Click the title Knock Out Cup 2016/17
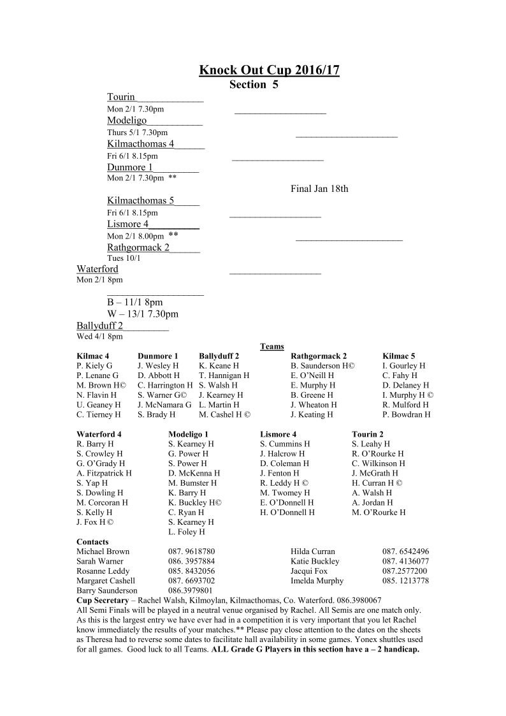pos(269,70)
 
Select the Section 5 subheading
pos(254,84)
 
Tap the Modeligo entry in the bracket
pos(127,121)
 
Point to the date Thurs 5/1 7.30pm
pos(137,133)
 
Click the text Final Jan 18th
pos(319,189)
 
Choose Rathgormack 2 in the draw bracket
pos(138,247)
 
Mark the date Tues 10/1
pos(124,258)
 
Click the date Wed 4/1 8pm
pos(99,337)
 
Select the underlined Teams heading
pos(272,346)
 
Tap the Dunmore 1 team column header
pos(158,356)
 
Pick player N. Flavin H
pos(96,395)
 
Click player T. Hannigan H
pos(224,376)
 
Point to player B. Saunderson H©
pos(322,366)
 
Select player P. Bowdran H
pos(407,414)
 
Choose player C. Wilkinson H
pos(379,464)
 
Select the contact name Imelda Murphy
pos(317,581)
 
